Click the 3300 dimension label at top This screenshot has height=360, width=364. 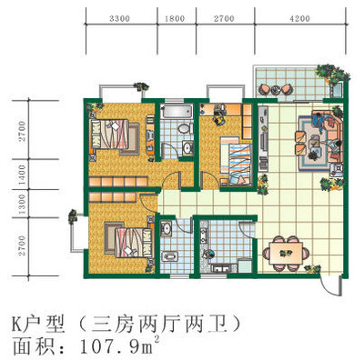tap(119, 19)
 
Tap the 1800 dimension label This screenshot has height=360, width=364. tap(175, 19)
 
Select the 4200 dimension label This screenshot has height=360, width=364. tap(299, 19)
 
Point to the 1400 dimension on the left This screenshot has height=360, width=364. tap(22, 175)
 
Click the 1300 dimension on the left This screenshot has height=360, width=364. tap(22, 204)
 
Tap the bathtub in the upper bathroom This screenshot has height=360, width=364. tap(177, 112)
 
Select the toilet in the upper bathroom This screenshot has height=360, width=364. tap(185, 128)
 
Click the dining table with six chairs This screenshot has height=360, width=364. tap(287, 253)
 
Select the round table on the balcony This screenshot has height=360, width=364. tap(276, 90)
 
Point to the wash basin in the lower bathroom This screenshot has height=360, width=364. tap(166, 228)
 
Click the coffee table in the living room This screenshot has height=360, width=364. tap(316, 145)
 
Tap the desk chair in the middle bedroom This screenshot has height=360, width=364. tap(219, 119)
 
